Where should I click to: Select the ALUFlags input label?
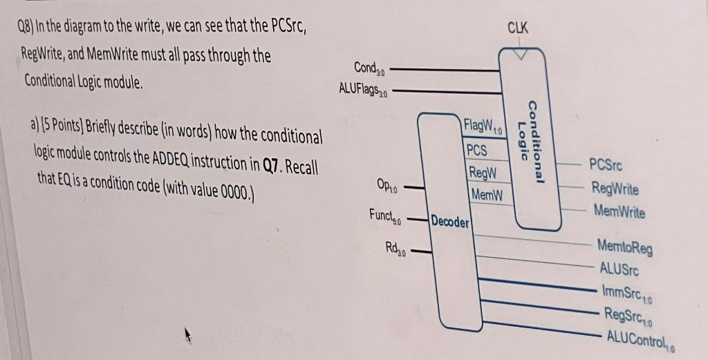click(x=364, y=88)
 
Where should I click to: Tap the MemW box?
click(x=484, y=194)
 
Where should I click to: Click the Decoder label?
click(x=450, y=222)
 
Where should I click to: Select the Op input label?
click(x=386, y=185)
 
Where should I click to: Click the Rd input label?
click(x=397, y=247)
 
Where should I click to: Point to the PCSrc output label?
click(x=606, y=166)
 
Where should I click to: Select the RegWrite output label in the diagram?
click(x=615, y=189)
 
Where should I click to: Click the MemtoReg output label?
click(x=624, y=247)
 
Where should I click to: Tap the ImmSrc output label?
click(x=628, y=293)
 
